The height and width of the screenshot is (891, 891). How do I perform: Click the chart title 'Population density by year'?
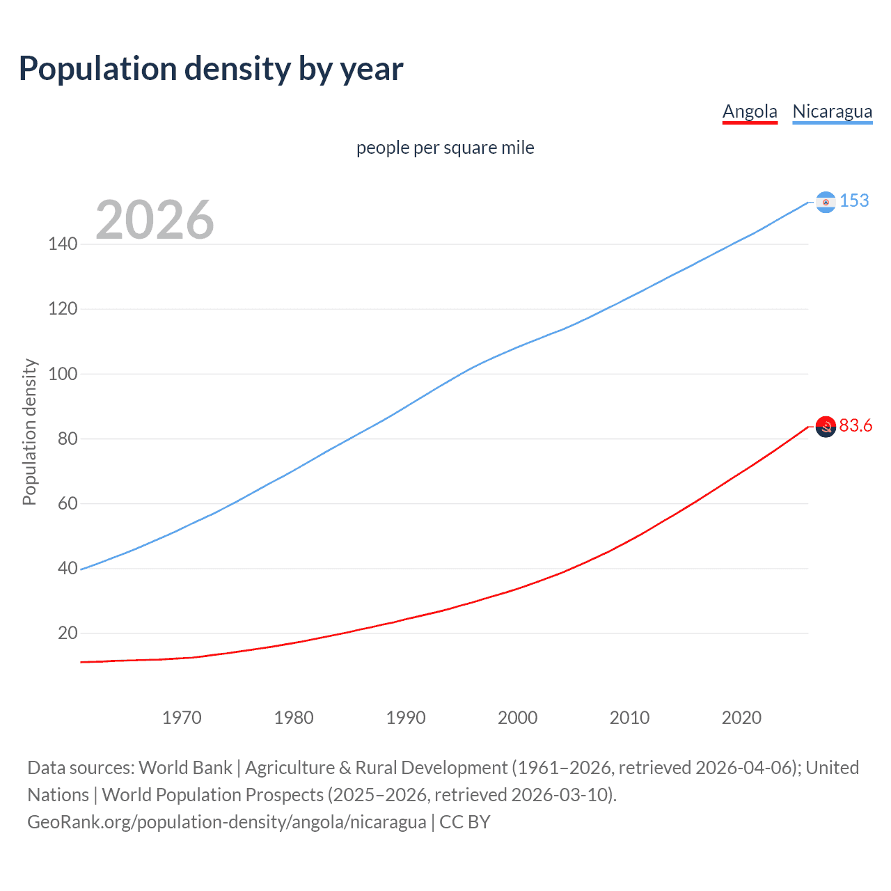(211, 69)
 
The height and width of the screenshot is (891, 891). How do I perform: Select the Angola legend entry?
(750, 111)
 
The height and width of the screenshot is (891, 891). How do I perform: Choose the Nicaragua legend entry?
(832, 111)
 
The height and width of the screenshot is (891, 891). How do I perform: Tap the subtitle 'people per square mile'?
(445, 148)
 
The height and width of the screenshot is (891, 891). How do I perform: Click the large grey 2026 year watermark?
(155, 220)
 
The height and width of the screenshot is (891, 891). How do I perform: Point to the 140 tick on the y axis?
(63, 244)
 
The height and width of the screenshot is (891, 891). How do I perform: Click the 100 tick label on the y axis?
(63, 374)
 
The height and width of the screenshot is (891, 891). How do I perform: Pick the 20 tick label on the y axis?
(68, 633)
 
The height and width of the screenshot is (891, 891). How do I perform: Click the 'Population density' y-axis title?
(29, 432)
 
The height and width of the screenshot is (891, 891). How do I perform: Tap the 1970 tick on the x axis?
(182, 718)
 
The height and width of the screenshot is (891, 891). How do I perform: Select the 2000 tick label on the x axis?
(517, 718)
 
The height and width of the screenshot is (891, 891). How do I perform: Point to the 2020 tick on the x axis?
(741, 718)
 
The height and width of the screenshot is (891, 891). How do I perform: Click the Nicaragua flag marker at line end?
(826, 202)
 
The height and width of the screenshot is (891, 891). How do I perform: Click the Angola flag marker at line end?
(826, 426)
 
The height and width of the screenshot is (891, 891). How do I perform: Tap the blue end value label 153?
(854, 200)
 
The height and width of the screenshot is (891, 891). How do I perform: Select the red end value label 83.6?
(855, 425)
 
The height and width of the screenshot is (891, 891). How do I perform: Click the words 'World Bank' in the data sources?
(185, 768)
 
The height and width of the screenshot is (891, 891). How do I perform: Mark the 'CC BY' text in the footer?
(464, 822)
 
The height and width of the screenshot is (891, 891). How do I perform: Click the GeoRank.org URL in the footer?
(226, 822)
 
